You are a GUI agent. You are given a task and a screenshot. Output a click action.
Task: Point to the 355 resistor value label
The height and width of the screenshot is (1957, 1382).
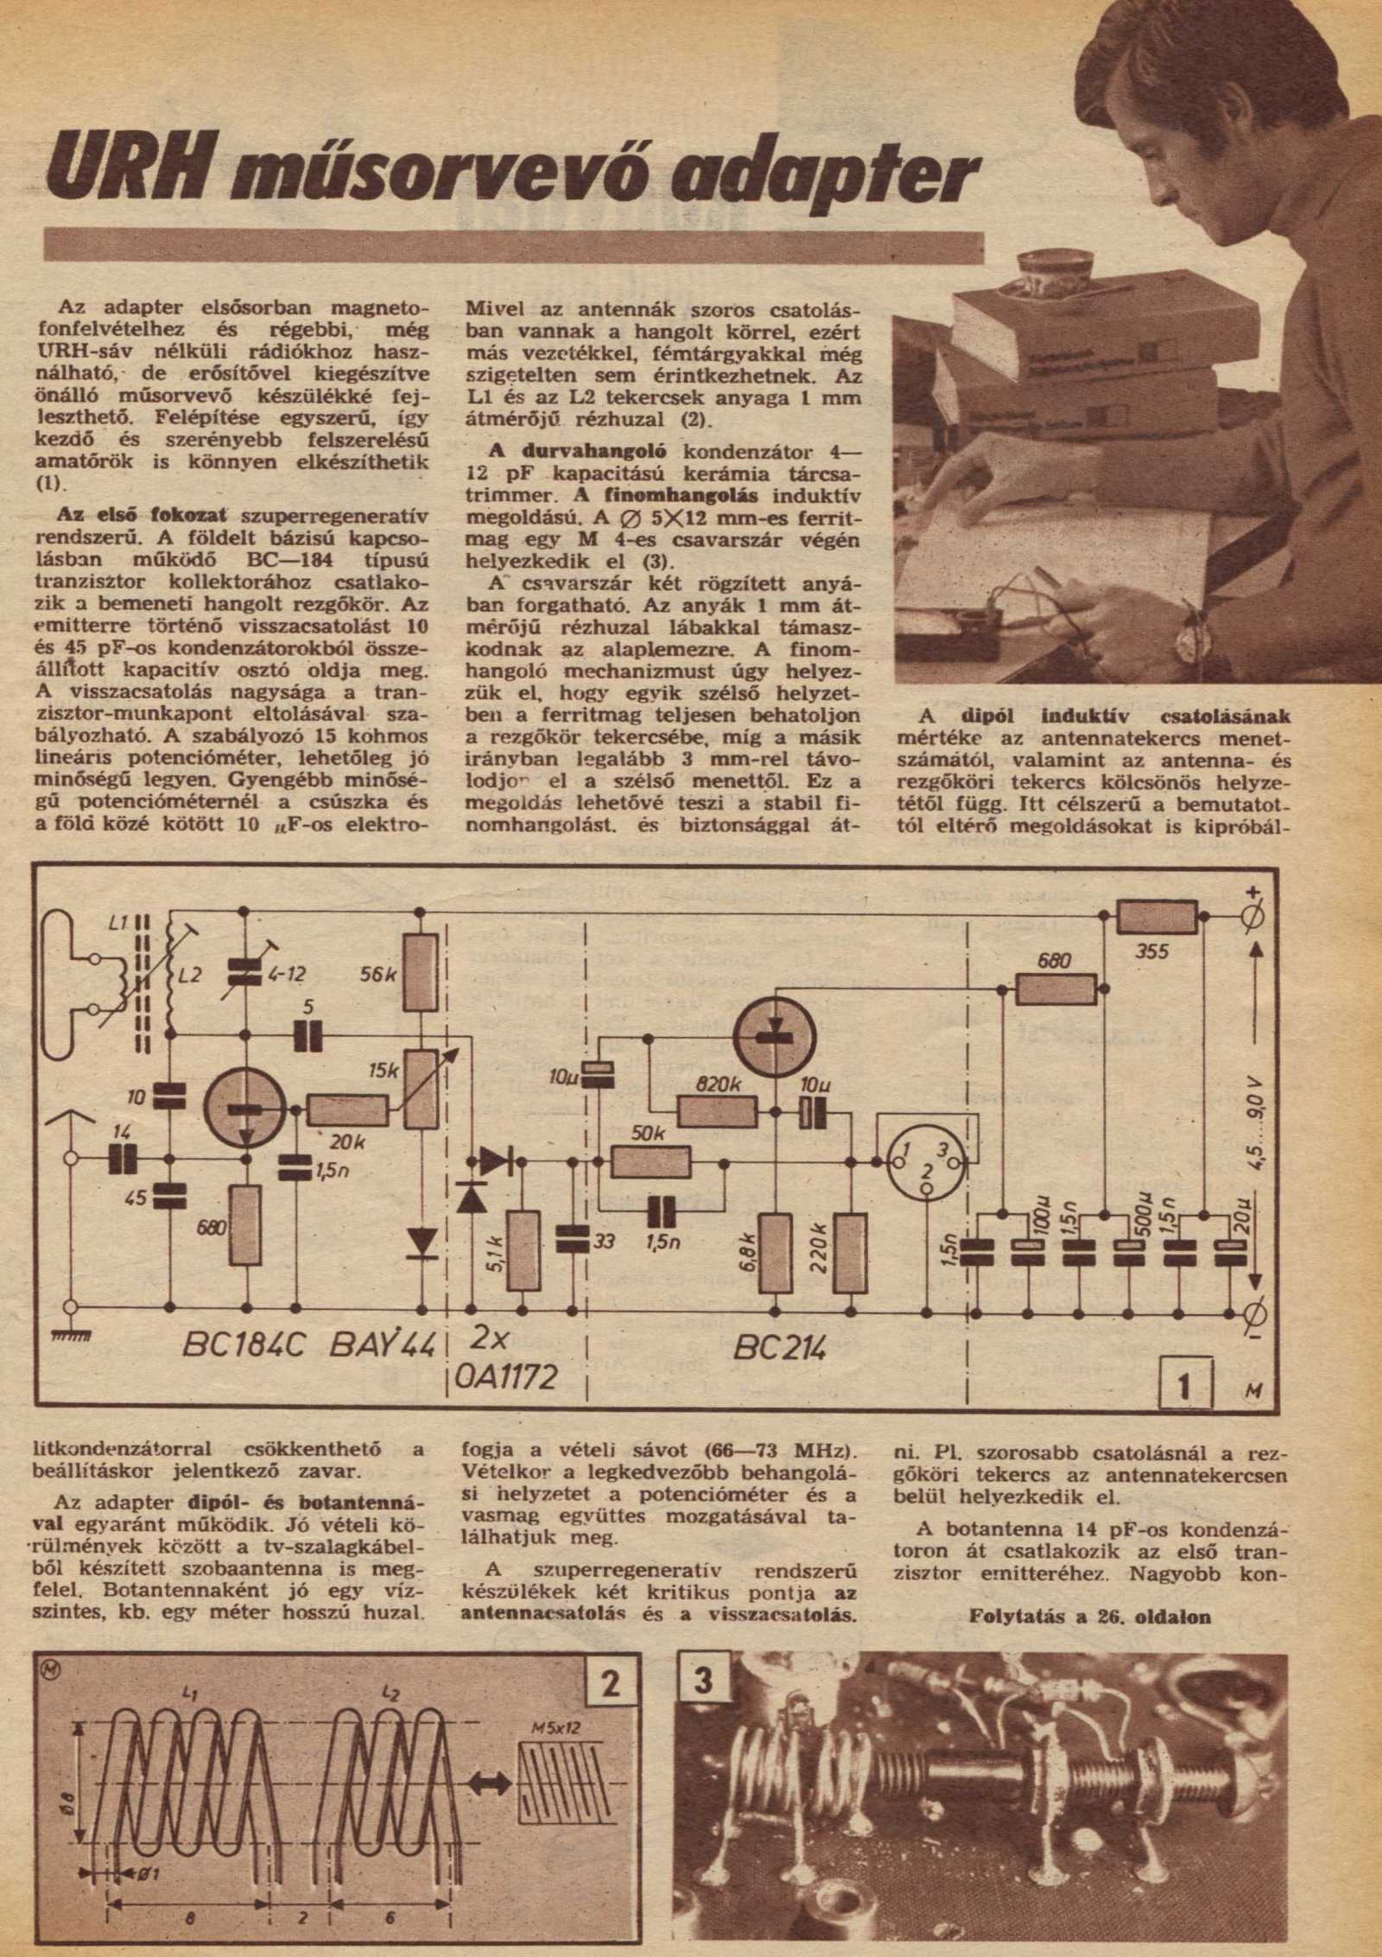click(1152, 952)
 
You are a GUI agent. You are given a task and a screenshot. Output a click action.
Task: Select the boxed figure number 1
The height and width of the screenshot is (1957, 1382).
click(1185, 1388)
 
